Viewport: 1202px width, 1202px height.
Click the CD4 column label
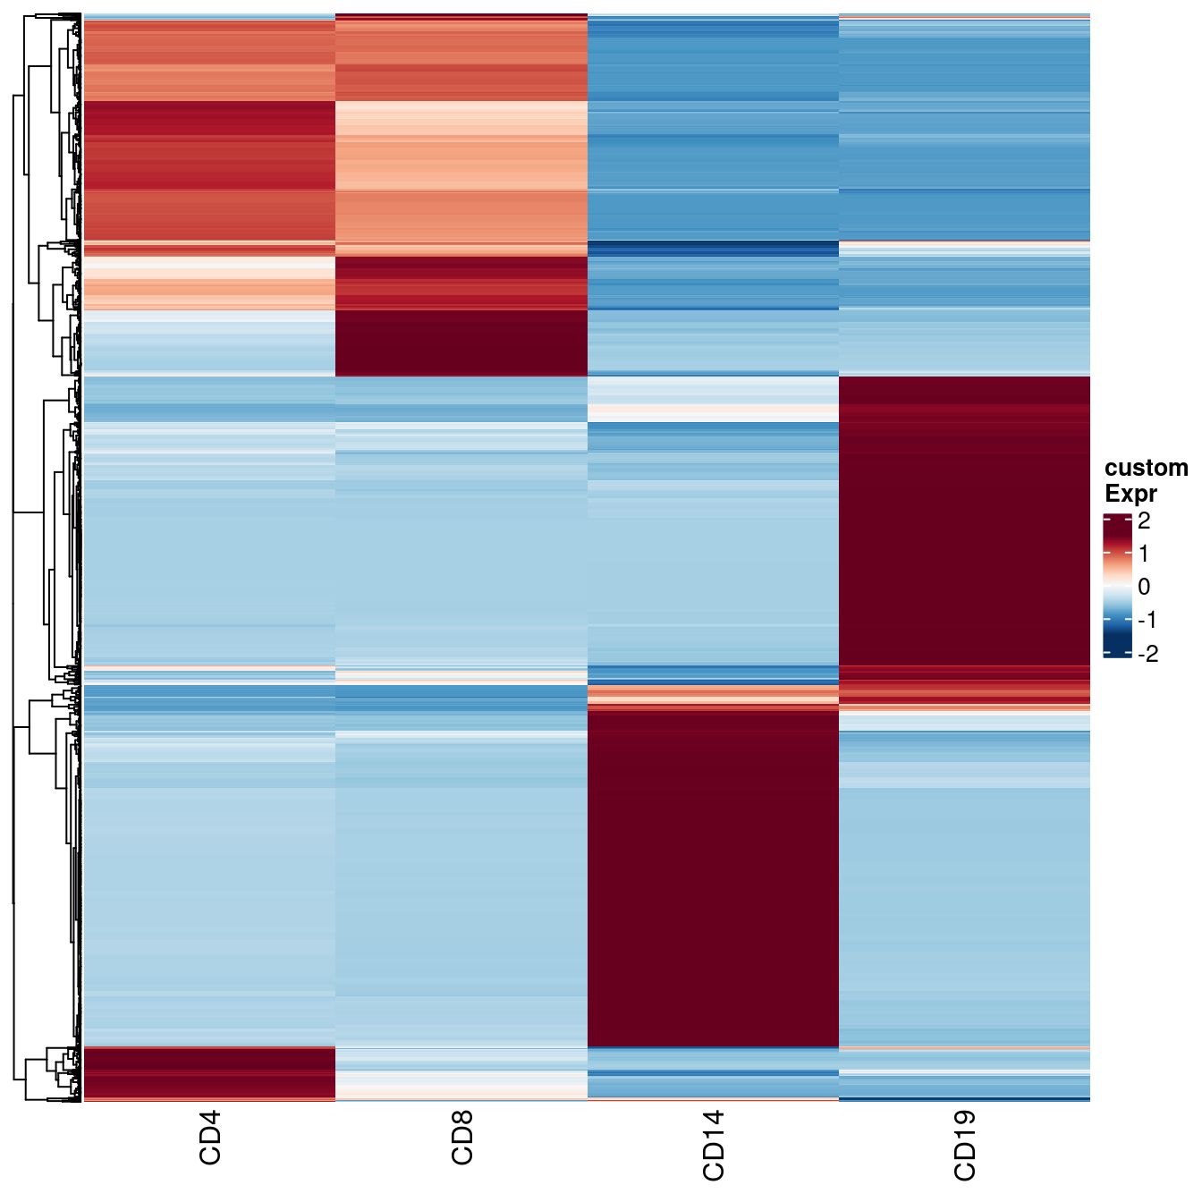click(209, 1138)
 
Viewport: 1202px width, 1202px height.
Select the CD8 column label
click(461, 1138)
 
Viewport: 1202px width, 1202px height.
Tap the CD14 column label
click(714, 1145)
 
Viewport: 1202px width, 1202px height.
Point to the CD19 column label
click(965, 1145)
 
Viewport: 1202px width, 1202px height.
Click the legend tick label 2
click(1144, 520)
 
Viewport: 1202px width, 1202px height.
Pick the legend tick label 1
click(1144, 554)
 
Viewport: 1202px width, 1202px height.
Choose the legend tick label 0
click(1144, 587)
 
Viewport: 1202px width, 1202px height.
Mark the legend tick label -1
click(1147, 620)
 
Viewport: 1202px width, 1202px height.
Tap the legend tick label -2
click(1147, 654)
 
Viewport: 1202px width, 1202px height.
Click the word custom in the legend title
click(1146, 468)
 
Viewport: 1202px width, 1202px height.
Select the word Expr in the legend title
click(1130, 493)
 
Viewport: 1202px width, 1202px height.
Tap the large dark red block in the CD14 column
click(713, 876)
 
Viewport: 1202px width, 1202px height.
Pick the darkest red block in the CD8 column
click(461, 343)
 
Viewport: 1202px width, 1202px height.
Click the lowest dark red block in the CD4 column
click(209, 1072)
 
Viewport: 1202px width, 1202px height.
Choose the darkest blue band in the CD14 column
click(713, 248)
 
